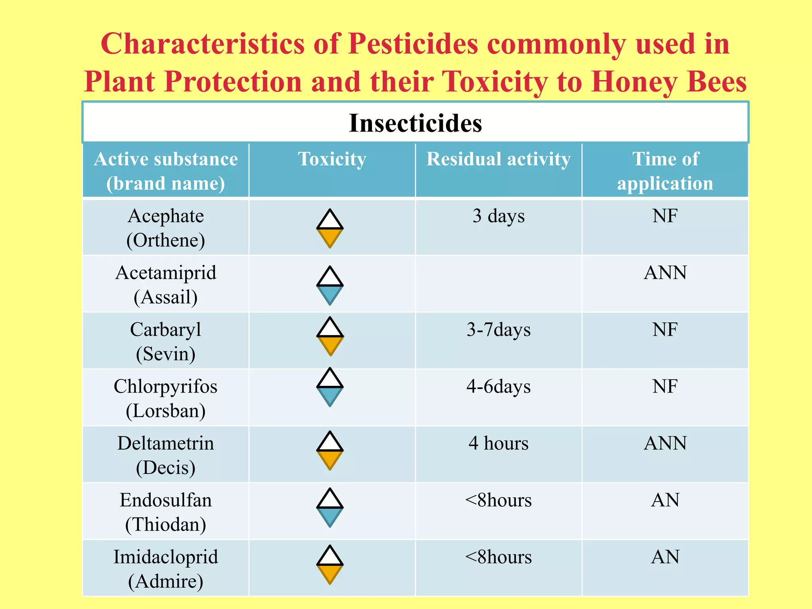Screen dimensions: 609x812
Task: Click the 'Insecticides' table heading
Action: (x=415, y=123)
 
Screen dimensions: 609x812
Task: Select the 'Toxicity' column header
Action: (x=332, y=159)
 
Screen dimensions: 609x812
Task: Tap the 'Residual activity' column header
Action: (x=498, y=159)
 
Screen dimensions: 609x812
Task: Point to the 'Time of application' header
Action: (x=665, y=171)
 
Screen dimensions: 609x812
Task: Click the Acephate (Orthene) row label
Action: (x=166, y=228)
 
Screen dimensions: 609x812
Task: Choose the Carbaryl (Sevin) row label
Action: (x=166, y=341)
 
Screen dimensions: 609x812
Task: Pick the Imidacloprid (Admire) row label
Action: (x=166, y=569)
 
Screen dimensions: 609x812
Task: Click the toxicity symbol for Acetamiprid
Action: (x=330, y=285)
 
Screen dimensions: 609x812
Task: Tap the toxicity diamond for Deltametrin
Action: (x=330, y=450)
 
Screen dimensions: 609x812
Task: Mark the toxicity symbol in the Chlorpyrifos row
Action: (x=330, y=387)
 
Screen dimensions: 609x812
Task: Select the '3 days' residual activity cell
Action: (x=498, y=216)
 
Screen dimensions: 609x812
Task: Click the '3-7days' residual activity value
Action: (x=498, y=330)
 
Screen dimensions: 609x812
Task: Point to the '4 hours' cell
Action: (x=498, y=443)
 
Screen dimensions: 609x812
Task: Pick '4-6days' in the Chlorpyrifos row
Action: (x=498, y=387)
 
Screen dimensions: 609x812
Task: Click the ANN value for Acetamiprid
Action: (x=665, y=273)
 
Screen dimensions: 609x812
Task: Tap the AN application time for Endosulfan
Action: (x=665, y=500)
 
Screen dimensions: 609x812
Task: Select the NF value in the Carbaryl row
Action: (x=665, y=330)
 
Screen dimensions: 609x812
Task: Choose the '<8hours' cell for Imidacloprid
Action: (x=498, y=557)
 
